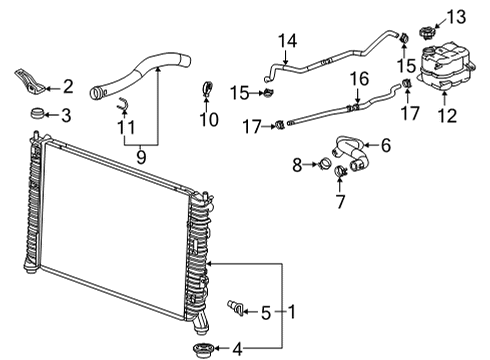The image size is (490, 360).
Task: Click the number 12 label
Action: point(447,116)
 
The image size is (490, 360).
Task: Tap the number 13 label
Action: point(455,16)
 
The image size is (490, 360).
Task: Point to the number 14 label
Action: point(288,40)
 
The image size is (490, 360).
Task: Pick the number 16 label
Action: point(359,78)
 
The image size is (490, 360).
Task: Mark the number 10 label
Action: point(208,121)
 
